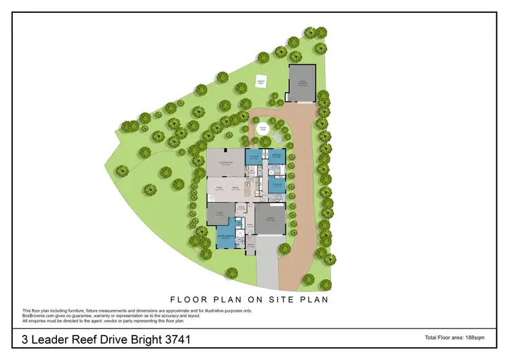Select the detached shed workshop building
(302, 84)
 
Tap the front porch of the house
(250, 246)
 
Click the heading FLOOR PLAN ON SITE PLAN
(254, 298)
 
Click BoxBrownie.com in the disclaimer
(40, 314)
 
